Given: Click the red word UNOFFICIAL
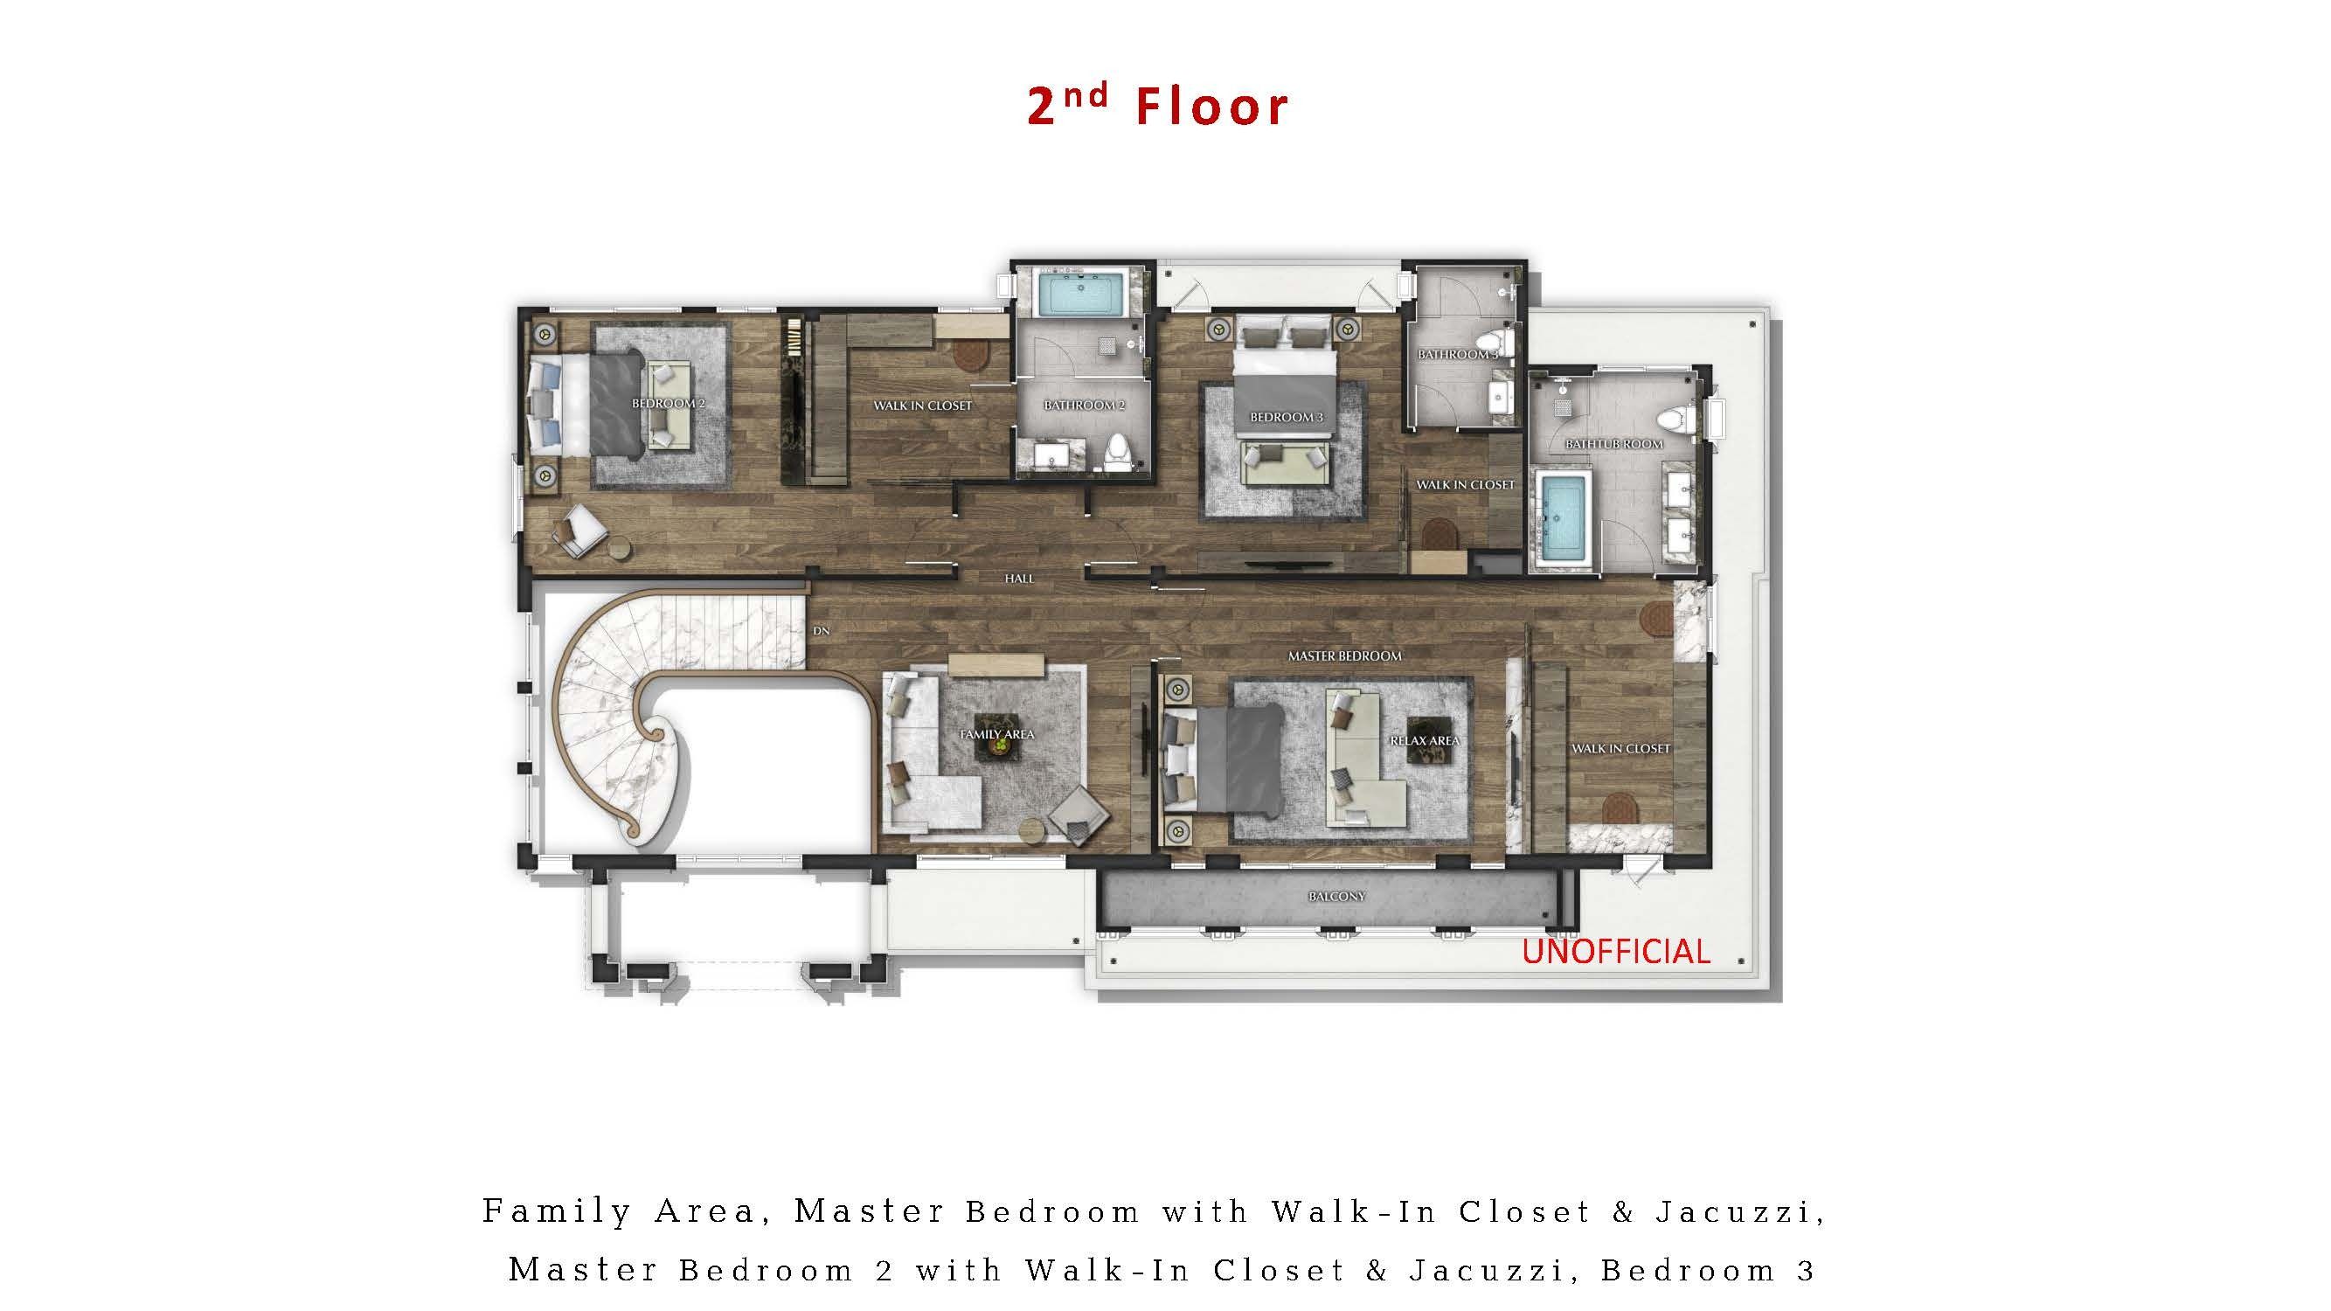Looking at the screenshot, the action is pyautogui.click(x=1615, y=951).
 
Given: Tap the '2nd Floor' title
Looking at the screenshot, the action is pyautogui.click(x=1157, y=106).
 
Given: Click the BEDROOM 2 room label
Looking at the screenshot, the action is pyautogui.click(x=667, y=403).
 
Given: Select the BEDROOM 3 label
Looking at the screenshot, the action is pyautogui.click(x=1286, y=417).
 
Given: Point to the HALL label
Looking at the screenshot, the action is pyautogui.click(x=1019, y=578).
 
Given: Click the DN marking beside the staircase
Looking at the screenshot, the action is pyautogui.click(x=821, y=631).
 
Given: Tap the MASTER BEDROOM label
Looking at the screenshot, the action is pyautogui.click(x=1344, y=656).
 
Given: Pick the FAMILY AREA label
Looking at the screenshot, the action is pyautogui.click(x=996, y=734).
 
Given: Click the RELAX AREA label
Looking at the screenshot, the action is pyautogui.click(x=1425, y=740).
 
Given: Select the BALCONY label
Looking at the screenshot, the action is pyautogui.click(x=1336, y=897).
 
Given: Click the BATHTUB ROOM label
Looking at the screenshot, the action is pyautogui.click(x=1613, y=444).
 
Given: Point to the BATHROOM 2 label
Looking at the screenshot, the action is pyautogui.click(x=1084, y=406).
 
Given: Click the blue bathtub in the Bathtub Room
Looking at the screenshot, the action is pyautogui.click(x=1564, y=519).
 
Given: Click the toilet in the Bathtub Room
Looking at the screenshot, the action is pyautogui.click(x=1680, y=420).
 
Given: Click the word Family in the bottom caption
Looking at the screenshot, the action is pyautogui.click(x=557, y=1211).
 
